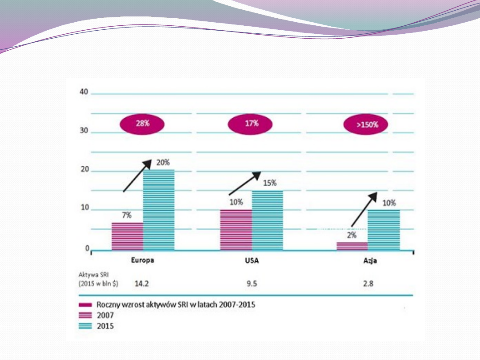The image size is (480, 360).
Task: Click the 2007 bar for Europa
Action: [x=127, y=236]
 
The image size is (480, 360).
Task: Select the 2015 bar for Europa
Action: [x=159, y=210]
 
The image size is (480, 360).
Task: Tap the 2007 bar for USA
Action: [x=236, y=230]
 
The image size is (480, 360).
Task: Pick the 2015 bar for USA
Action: [x=268, y=220]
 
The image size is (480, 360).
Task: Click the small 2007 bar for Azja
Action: [x=352, y=246]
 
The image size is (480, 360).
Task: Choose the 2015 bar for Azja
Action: [x=384, y=230]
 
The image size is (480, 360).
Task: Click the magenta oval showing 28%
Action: [x=143, y=124]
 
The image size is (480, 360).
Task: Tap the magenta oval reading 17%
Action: [x=252, y=124]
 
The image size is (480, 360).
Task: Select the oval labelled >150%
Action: [x=366, y=125]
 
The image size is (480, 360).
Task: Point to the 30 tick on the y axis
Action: [x=84, y=132]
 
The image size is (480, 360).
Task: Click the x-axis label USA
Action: [x=252, y=260]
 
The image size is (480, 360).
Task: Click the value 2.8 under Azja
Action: [x=368, y=283]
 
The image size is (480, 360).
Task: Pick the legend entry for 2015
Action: [x=105, y=326]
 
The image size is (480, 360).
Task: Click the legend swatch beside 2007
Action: [x=85, y=316]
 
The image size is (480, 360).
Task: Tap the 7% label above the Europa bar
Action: [x=127, y=215]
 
